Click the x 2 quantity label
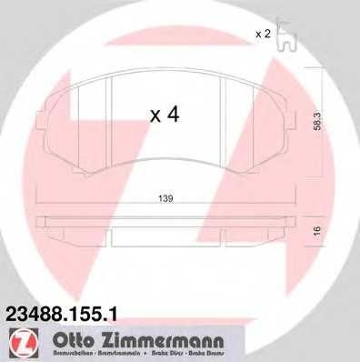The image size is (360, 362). coord(263,34)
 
